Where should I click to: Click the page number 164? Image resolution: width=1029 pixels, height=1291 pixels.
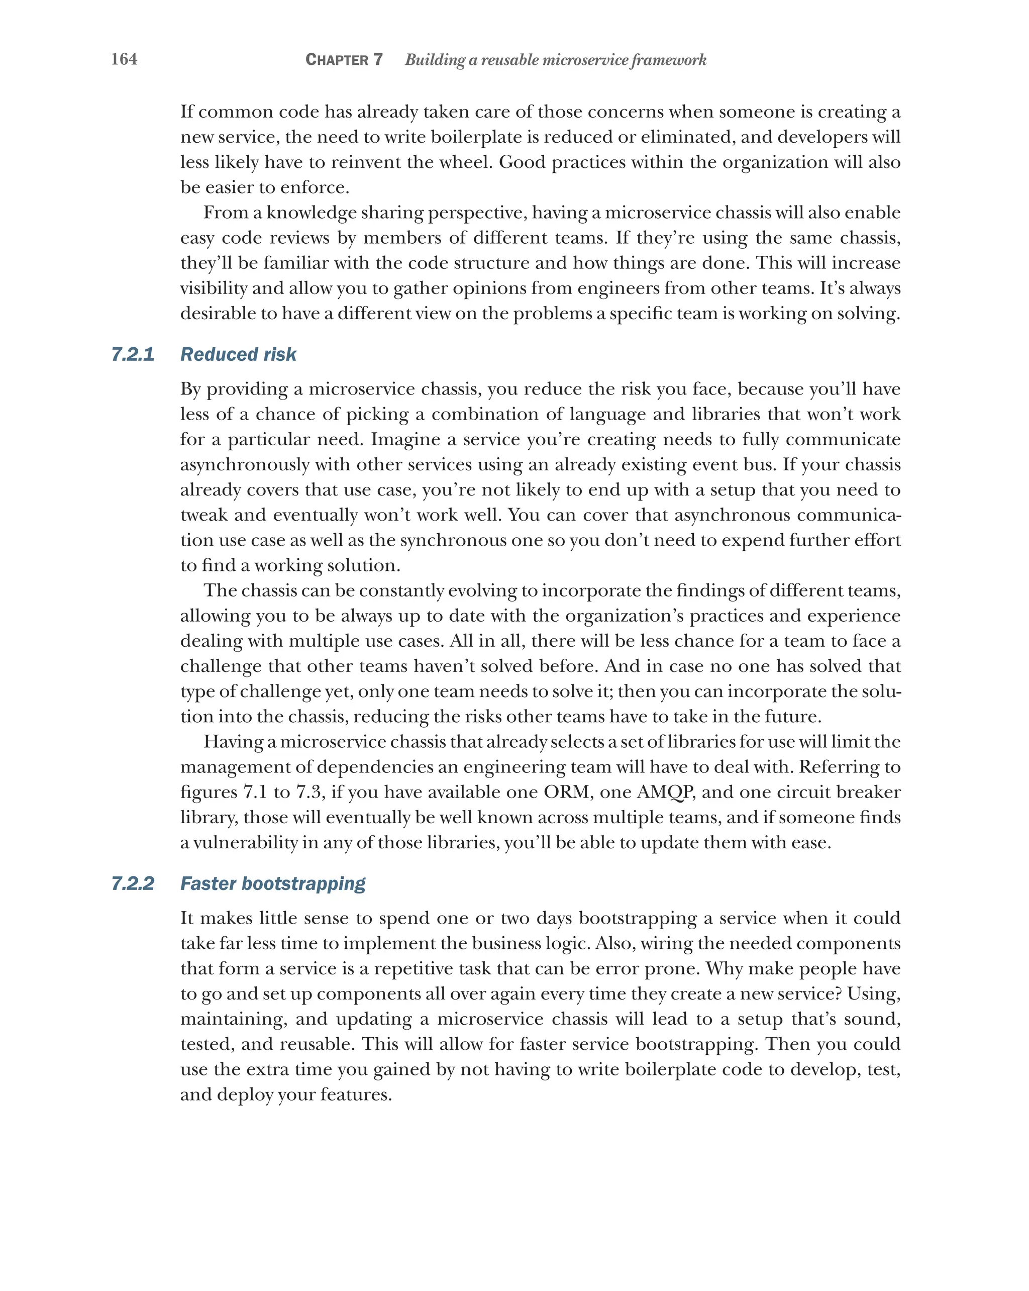tap(124, 59)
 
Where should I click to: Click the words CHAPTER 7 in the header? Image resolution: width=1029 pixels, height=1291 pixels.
tap(344, 59)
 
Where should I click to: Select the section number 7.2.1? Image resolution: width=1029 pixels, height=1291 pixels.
tap(133, 354)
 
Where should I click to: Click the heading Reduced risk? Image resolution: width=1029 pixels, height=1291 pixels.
tap(238, 354)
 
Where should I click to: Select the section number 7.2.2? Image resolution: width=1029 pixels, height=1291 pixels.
tap(133, 884)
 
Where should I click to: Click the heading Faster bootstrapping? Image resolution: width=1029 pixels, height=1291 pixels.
tap(273, 884)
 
